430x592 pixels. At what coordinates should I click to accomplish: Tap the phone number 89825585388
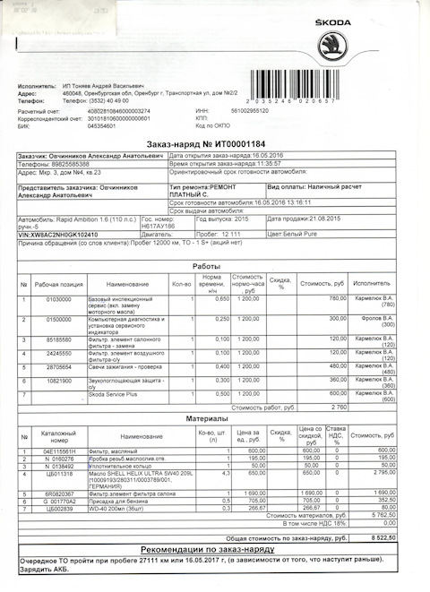pos(72,164)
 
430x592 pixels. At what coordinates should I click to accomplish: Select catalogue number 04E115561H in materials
pos(61,450)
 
